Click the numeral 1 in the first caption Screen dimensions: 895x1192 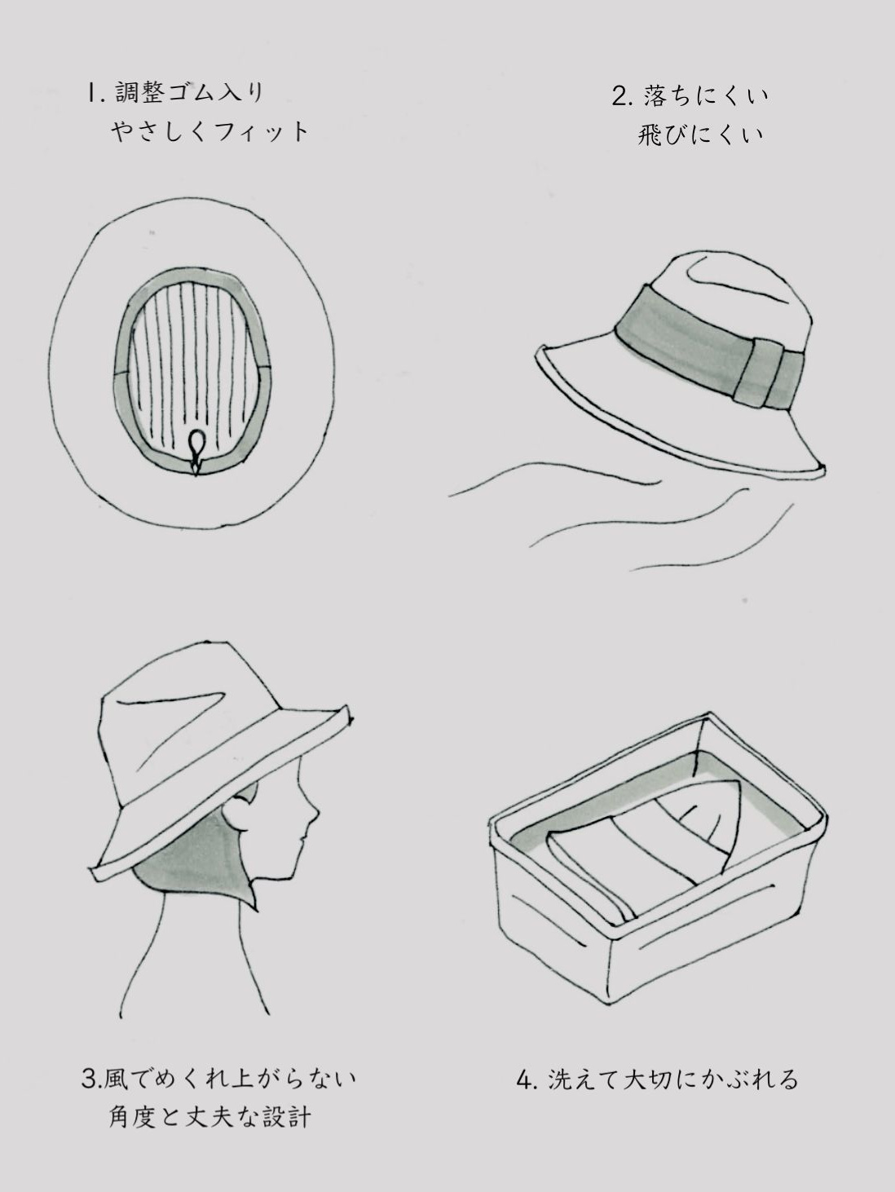90,94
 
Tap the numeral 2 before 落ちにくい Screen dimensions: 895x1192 619,97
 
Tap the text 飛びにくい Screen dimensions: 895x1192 701,135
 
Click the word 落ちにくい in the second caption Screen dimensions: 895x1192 707,97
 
